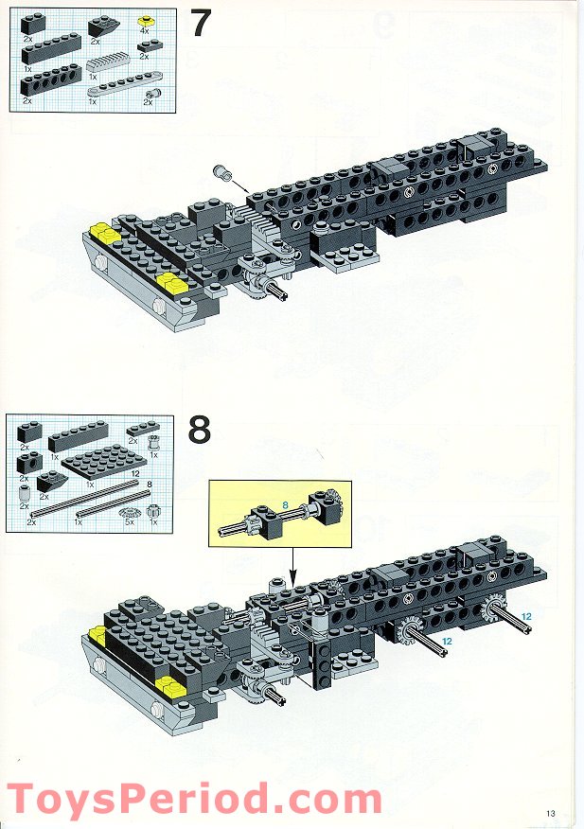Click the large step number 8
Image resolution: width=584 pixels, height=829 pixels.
[x=200, y=430]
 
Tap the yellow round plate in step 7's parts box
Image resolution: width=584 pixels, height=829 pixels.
[x=146, y=22]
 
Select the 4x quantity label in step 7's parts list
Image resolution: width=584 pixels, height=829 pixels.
[x=145, y=30]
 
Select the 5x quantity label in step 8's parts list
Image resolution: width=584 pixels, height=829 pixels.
[x=130, y=521]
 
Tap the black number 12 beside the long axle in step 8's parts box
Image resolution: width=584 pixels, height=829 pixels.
[x=135, y=474]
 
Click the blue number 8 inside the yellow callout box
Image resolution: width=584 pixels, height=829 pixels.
[x=285, y=505]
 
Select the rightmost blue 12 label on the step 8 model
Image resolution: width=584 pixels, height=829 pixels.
[x=526, y=616]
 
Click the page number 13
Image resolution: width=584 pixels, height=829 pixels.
[x=551, y=813]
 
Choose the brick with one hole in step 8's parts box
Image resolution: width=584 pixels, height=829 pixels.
[x=29, y=463]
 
